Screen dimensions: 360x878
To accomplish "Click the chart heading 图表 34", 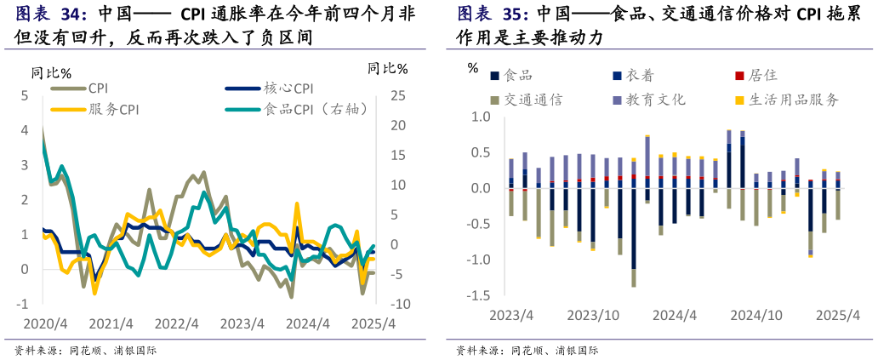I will (51, 14).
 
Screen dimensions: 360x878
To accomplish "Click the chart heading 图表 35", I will (493, 14).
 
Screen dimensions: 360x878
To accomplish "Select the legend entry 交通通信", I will (533, 100).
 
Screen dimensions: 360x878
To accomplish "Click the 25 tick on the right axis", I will (398, 95).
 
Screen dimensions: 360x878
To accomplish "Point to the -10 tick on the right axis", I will (396, 304).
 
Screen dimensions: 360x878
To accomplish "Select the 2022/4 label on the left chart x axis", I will (177, 324).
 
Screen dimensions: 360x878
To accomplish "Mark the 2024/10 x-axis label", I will (756, 315).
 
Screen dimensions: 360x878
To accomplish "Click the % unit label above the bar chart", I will (473, 68).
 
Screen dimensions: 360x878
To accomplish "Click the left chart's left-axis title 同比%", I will (51, 72).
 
